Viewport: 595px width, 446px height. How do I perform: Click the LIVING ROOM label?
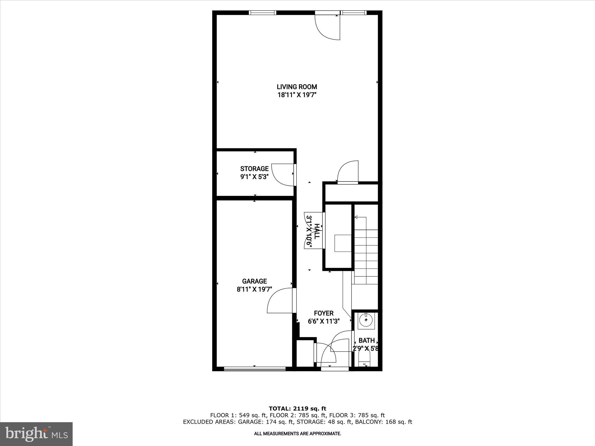click(297, 87)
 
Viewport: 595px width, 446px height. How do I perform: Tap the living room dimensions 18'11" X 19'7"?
click(297, 95)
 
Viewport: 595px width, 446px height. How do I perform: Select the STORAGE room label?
click(254, 169)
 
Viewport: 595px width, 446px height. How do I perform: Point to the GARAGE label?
click(254, 281)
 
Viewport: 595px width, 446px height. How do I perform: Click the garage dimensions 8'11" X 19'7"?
click(254, 289)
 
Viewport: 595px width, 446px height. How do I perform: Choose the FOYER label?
click(324, 313)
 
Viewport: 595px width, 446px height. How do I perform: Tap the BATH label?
click(366, 341)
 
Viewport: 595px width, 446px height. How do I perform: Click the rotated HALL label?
click(317, 231)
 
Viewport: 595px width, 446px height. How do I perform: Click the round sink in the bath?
click(366, 321)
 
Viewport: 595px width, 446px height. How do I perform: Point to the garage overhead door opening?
click(255, 369)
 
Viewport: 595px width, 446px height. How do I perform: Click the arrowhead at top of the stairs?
click(356, 217)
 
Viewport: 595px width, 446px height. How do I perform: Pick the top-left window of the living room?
click(262, 12)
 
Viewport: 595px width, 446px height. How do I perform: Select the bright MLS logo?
click(36, 434)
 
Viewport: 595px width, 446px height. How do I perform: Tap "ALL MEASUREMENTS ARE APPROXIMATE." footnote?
click(297, 434)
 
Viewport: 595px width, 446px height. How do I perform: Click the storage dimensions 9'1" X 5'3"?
click(254, 177)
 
